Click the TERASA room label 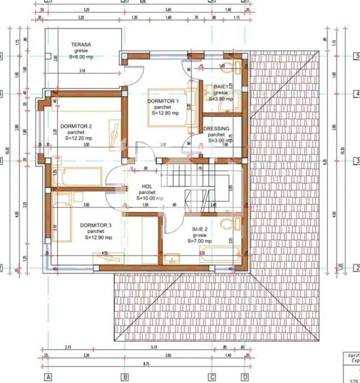pos(80,45)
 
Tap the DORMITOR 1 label pos(163,101)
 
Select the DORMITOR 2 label pos(76,126)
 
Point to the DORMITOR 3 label pos(96,225)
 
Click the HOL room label pos(146,186)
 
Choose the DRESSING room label pos(216,129)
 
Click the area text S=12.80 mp pos(162,113)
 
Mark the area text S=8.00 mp pos(80,56)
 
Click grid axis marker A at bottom pos(48,377)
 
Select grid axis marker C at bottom pos(211,377)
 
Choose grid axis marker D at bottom pos(245,377)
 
